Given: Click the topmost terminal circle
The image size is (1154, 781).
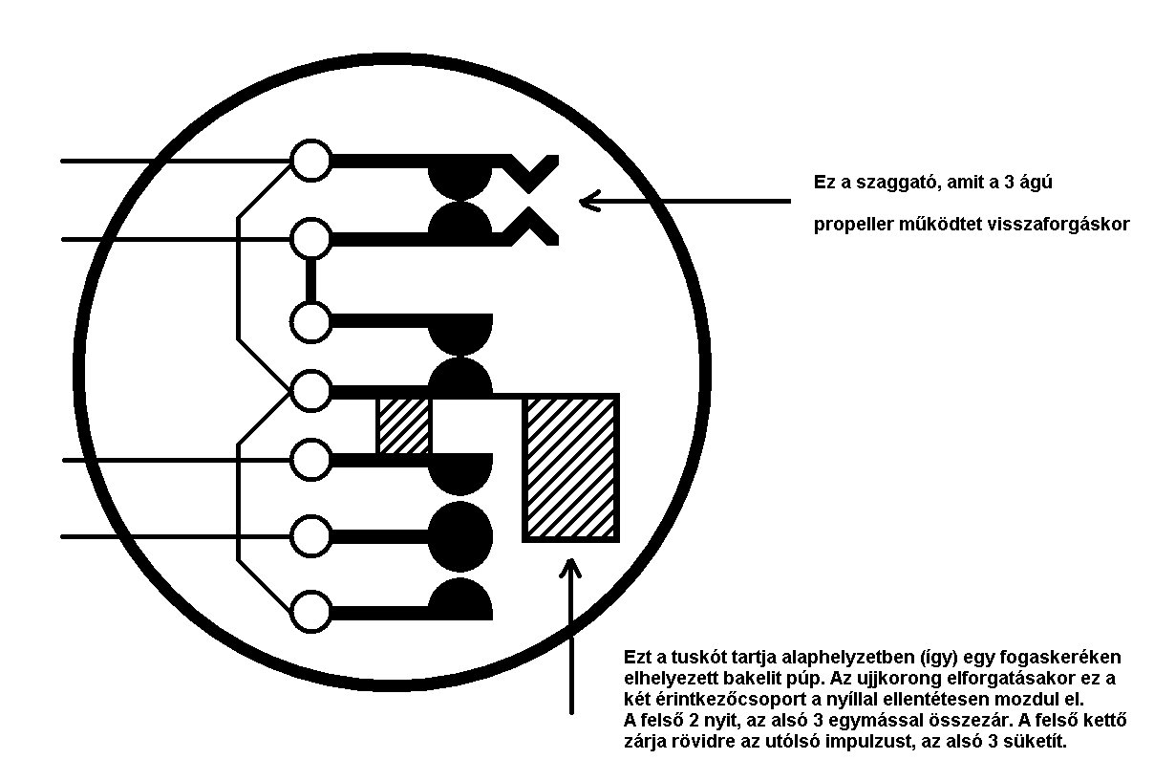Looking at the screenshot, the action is click(x=310, y=161).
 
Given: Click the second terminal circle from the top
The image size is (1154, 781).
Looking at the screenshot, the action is click(x=310, y=238).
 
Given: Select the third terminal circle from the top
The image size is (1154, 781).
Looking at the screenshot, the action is click(x=310, y=321).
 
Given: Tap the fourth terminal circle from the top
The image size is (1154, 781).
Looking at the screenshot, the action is click(x=310, y=391).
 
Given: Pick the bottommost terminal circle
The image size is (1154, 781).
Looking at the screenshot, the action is click(x=310, y=611).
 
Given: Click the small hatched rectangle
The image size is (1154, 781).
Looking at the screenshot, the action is click(x=404, y=425).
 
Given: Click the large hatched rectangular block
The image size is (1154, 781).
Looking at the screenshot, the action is click(x=571, y=467).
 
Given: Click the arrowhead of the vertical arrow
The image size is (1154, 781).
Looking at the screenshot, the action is click(x=570, y=566).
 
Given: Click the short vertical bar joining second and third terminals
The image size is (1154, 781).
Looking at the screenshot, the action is click(x=310, y=279).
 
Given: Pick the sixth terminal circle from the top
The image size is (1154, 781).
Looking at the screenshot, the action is click(x=310, y=536).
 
